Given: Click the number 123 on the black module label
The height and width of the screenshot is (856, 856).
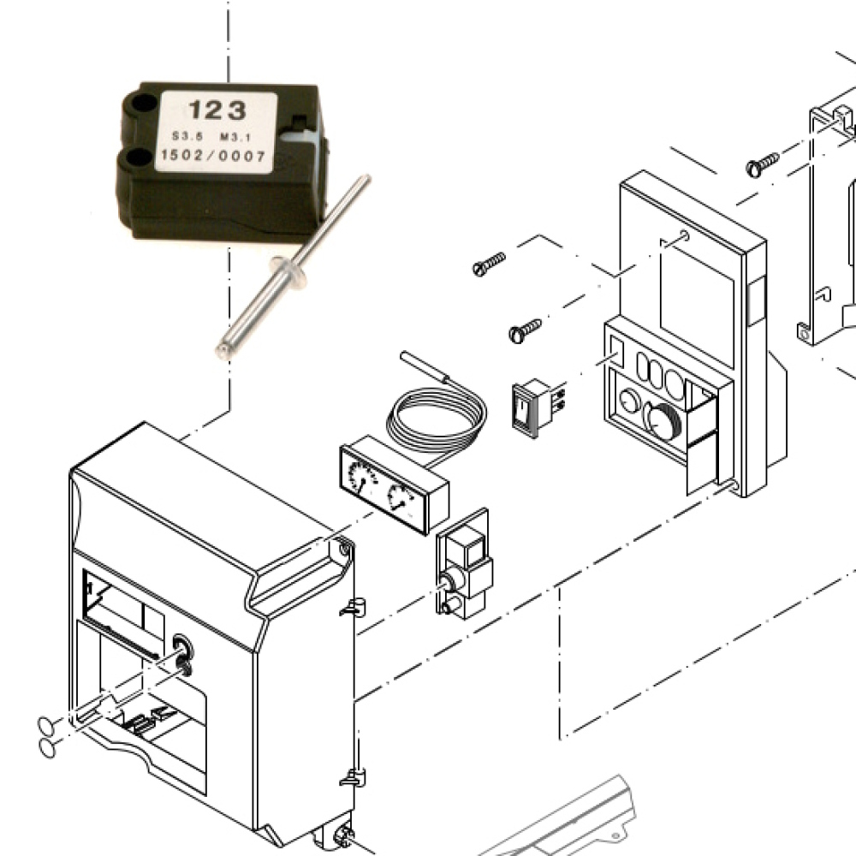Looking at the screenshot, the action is pos(217,110).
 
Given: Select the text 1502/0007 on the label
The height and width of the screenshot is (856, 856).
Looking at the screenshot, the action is pos(213,157).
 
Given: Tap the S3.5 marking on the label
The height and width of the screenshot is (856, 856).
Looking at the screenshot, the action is pos(184,136).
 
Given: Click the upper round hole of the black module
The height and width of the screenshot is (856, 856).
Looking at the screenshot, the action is pos(142,102).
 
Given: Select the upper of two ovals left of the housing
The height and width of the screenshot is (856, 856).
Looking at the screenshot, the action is pos(46,726).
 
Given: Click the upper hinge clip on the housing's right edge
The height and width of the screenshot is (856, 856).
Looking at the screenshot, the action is pos(353,607).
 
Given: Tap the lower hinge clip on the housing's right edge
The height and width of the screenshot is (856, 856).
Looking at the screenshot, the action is pos(353,777).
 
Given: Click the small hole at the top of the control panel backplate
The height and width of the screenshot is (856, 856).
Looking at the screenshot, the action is pos(685,236).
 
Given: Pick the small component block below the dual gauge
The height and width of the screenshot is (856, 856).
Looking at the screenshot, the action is pos(464,564).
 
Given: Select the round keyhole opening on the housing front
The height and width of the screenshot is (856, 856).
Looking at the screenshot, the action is pos(183,647).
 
